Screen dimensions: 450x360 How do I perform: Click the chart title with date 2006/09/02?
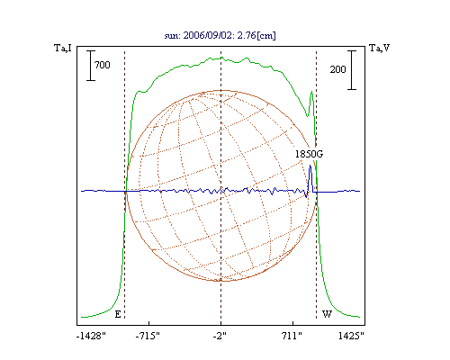pos(220,35)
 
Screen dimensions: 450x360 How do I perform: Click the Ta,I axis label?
pos(63,48)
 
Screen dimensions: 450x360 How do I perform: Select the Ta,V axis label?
pos(379,48)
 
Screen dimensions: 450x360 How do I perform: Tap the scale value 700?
pos(103,65)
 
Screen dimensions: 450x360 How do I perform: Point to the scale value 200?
pos(338,69)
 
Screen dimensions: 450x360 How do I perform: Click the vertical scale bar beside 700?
pos(91,66)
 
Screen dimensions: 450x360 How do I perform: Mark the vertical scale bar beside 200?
pos(352,70)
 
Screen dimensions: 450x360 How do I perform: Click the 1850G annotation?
pos(309,154)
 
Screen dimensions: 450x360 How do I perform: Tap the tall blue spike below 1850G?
pos(310,178)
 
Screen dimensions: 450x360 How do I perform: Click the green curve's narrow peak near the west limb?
pos(312,92)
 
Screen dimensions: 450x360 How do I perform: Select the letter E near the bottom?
pos(118,314)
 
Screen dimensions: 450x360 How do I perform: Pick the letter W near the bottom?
pos(327,314)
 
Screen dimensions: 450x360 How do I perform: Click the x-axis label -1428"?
pos(91,336)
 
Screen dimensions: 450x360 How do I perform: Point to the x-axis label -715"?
pos(148,336)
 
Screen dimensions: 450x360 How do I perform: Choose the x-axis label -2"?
pos(220,336)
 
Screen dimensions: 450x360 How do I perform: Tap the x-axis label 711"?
pos(292,336)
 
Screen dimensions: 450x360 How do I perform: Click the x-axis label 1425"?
pos(351,336)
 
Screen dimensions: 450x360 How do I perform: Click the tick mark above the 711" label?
pos(292,323)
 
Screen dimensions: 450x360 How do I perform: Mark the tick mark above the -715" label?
pos(149,323)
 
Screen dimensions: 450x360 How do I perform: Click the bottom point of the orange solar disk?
pos(221,281)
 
